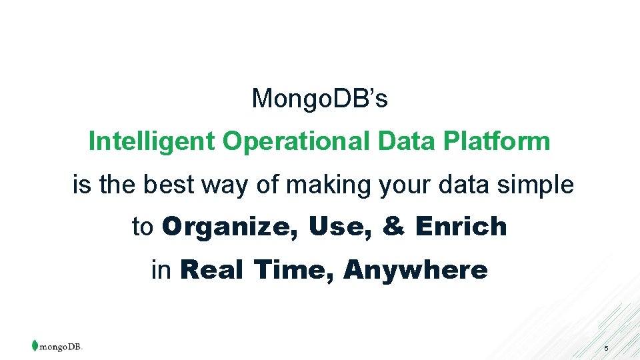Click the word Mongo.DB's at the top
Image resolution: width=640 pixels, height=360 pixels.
[320, 99]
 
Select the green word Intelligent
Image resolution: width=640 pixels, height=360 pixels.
[151, 141]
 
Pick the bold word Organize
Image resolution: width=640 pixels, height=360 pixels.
[231, 227]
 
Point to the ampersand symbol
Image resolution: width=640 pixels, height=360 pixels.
[393, 227]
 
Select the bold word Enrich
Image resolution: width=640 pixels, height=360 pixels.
[461, 227]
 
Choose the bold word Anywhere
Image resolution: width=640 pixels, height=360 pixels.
[415, 270]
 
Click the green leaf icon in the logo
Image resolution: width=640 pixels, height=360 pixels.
[35, 345]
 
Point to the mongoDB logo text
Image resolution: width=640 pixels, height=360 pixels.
[61, 347]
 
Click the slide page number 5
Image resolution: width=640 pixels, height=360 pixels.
[606, 349]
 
